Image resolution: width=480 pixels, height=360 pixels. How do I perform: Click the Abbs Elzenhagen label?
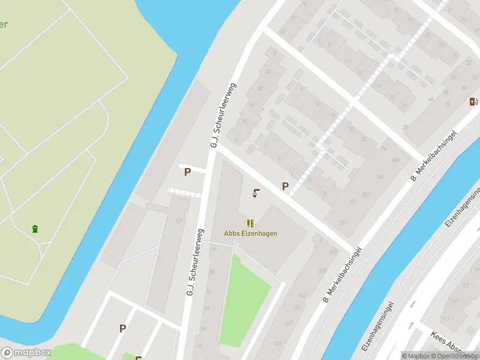[251, 233]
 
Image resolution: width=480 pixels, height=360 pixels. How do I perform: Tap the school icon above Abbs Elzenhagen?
[250, 223]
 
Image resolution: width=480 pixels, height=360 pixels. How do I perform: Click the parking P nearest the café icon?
[285, 187]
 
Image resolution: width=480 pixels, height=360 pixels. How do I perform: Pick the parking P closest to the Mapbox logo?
[122, 328]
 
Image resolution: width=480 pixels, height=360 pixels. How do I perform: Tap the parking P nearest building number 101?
[187, 172]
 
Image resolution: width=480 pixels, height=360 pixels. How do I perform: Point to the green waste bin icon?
[35, 229]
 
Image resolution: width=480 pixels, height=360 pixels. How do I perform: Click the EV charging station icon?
[473, 101]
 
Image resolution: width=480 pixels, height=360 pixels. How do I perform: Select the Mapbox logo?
[26, 353]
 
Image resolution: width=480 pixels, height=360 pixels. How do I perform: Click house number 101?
[178, 221]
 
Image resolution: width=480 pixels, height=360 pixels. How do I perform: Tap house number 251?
[343, 223]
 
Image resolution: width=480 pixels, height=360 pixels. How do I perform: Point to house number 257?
[366, 195]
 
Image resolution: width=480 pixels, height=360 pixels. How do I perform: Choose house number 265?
[395, 160]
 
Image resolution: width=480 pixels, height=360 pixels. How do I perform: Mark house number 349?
[334, 252]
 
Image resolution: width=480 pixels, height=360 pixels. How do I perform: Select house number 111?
[445, 319]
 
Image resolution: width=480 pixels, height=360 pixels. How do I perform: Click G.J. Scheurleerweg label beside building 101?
[194, 263]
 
